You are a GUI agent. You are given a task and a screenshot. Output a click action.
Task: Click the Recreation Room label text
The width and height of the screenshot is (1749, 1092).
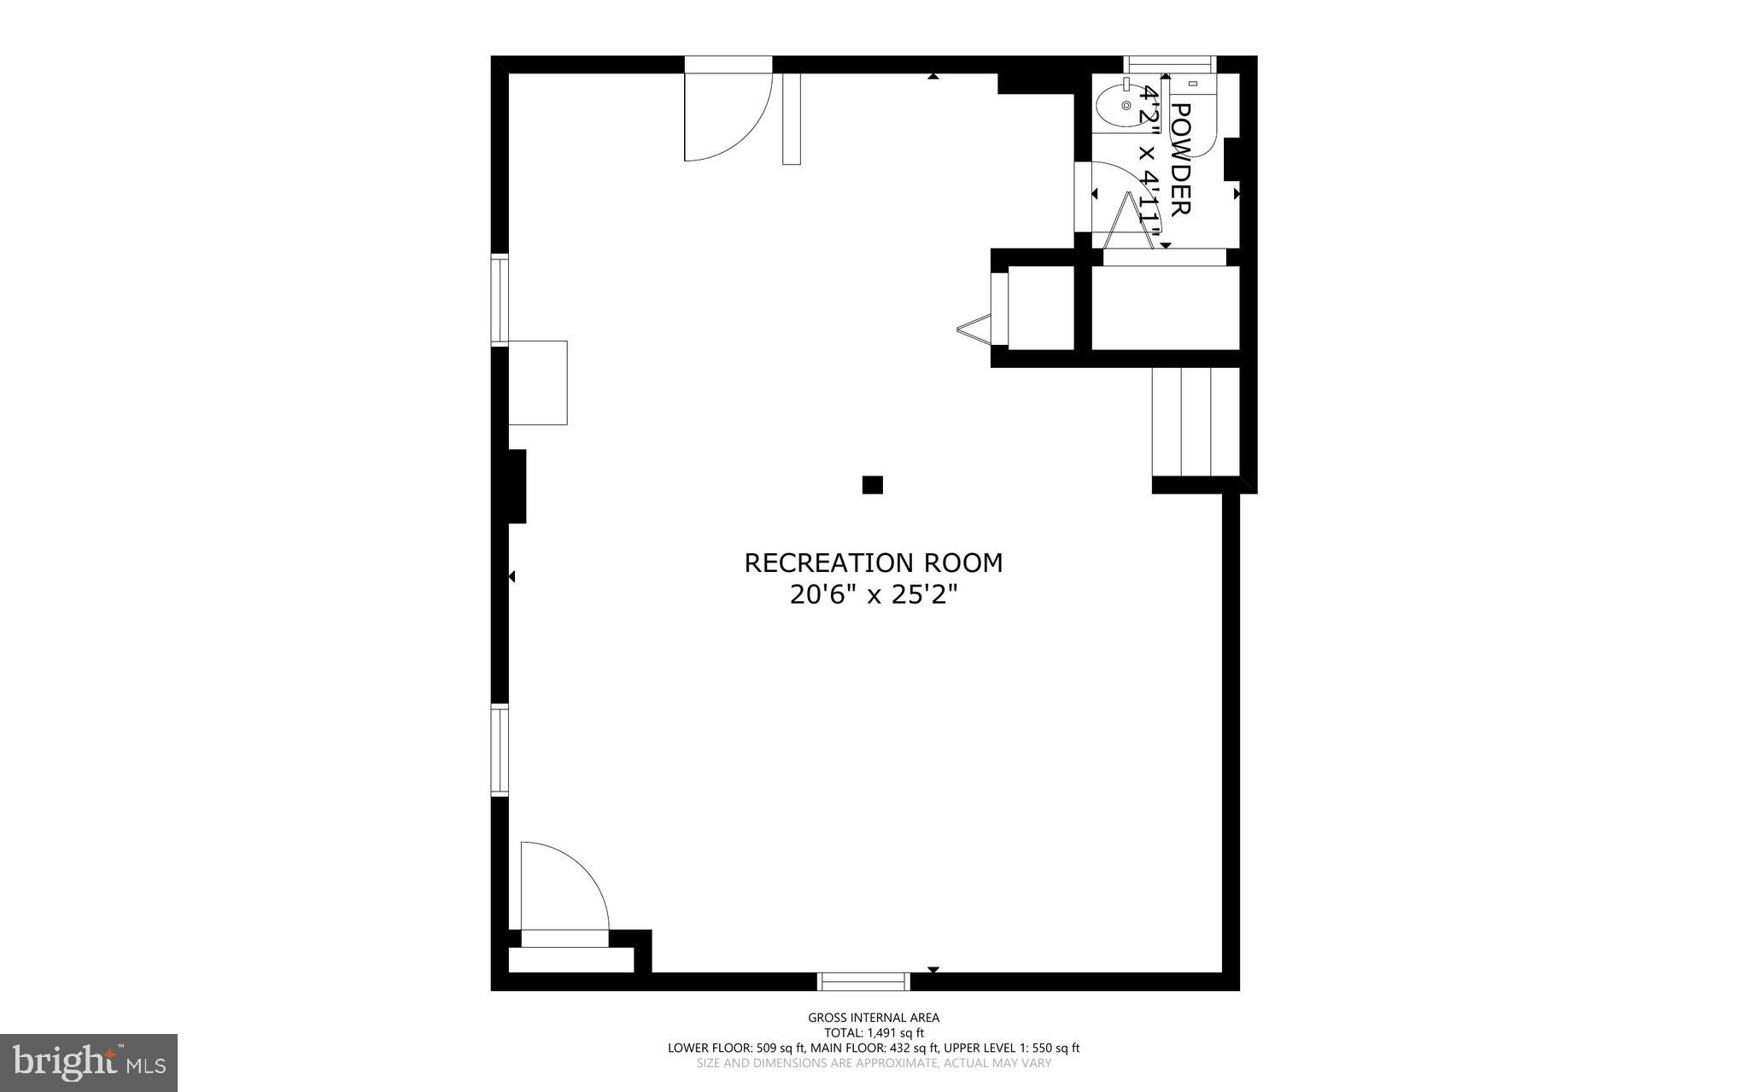coord(874,564)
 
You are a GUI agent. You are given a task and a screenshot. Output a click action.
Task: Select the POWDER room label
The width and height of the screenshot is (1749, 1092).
coord(1180,159)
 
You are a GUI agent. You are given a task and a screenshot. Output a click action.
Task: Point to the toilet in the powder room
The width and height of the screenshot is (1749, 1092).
coord(1196,120)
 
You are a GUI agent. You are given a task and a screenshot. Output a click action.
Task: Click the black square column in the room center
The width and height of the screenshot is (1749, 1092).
coord(872,485)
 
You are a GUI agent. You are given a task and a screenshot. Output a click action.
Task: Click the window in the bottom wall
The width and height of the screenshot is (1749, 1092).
coord(864,982)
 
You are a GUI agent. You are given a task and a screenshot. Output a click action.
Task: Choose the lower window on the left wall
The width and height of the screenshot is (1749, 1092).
coord(500,750)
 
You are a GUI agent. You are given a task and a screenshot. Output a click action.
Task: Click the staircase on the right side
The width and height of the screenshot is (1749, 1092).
coord(1196,422)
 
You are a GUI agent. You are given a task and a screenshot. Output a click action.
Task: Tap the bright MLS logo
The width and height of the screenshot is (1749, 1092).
coord(89,1062)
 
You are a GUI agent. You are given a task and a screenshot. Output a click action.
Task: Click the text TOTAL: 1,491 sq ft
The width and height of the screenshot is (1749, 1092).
coord(874,1032)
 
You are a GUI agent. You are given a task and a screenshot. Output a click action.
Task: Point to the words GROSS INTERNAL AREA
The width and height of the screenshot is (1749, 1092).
coord(874,1017)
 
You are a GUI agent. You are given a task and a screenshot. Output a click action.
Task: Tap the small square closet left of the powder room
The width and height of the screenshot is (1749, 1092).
coord(1040,307)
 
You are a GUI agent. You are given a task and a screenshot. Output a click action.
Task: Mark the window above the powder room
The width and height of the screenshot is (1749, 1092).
coord(1169,64)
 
